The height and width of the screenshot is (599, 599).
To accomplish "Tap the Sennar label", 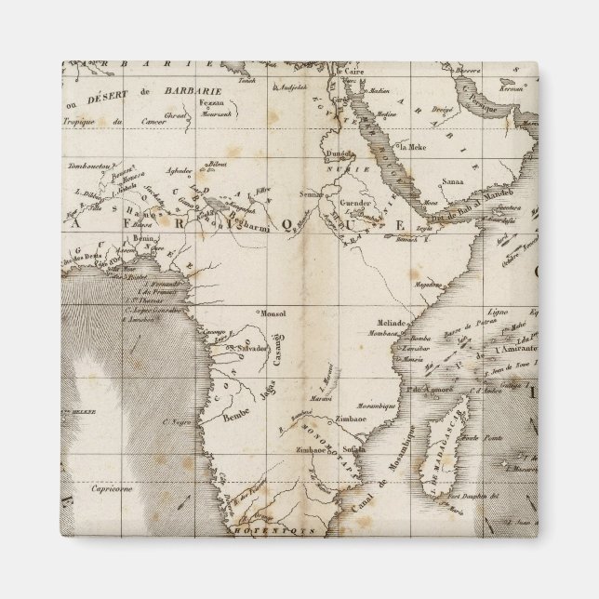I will [312, 193].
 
